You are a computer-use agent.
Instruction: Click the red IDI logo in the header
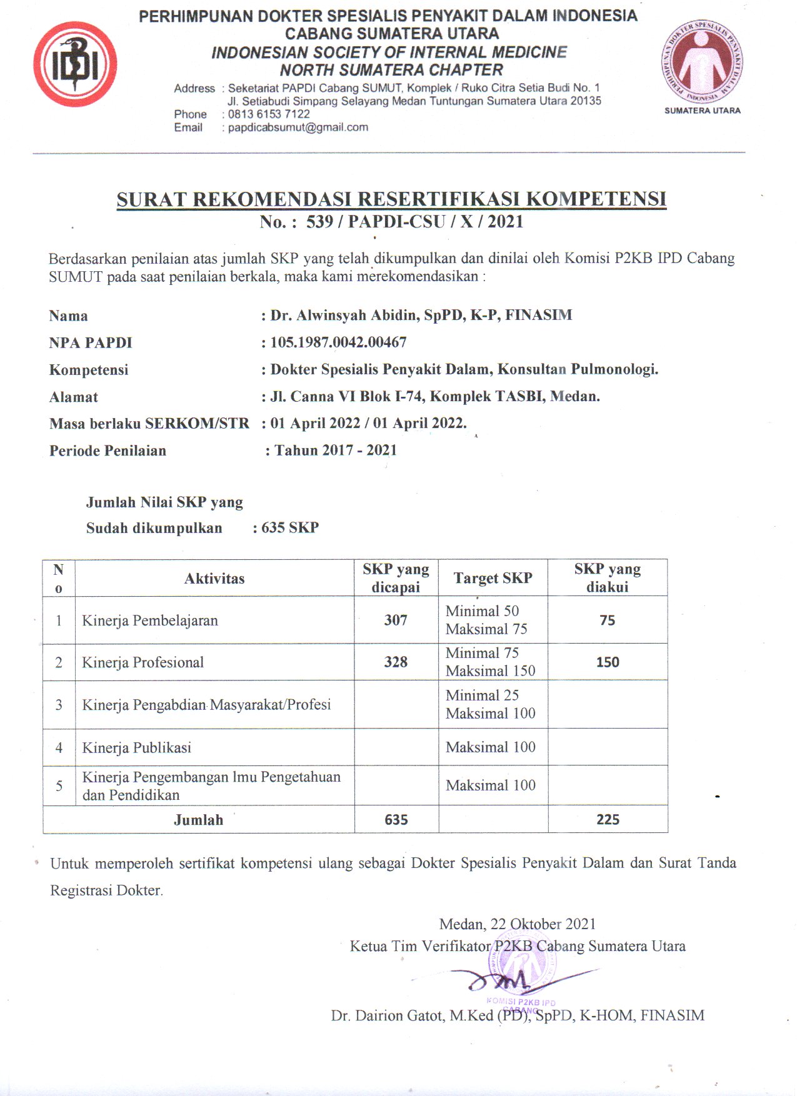[75, 64]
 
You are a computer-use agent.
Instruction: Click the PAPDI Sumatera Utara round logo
[702, 62]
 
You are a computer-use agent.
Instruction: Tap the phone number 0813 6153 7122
[269, 114]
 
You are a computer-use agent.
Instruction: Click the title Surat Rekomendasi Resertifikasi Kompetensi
[391, 199]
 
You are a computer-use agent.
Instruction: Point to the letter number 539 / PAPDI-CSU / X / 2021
[414, 222]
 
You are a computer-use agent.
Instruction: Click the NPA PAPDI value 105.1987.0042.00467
[338, 342]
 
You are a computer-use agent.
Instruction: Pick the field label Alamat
[74, 397]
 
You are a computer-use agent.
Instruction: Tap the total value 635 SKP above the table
[290, 528]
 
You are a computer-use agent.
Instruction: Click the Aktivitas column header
[214, 579]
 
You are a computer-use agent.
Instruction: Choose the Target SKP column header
[493, 579]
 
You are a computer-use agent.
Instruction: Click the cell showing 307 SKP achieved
[396, 620]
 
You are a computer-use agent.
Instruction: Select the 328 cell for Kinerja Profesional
[396, 662]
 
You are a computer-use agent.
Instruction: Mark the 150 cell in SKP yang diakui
[608, 662]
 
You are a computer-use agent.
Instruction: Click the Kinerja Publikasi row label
[137, 748]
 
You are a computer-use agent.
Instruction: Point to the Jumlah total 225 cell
[608, 820]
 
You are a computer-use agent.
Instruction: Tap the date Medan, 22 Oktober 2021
[518, 924]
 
